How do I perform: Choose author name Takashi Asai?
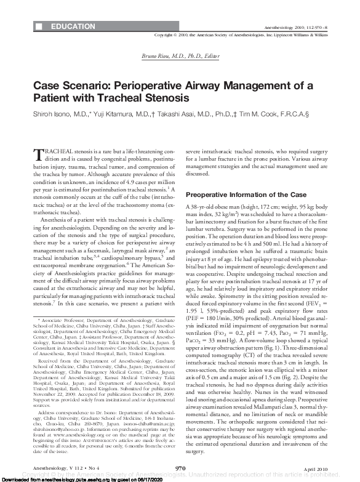(179, 114)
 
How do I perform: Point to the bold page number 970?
(180, 469)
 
